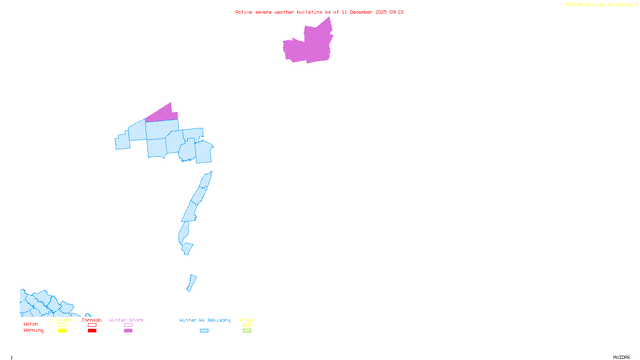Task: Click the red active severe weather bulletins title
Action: point(319,12)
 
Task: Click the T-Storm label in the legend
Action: point(62,320)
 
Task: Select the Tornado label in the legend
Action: point(92,320)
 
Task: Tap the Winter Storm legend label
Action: point(126,320)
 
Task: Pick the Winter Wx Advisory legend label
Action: point(205,320)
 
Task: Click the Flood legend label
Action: point(247,320)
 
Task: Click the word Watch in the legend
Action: point(31,324)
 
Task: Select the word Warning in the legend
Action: point(34,330)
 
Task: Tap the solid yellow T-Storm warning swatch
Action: point(62,331)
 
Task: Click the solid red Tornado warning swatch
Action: point(92,331)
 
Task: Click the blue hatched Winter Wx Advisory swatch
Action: point(204,331)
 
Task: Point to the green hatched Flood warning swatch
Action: point(247,331)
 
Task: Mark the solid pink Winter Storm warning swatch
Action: point(128,331)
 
